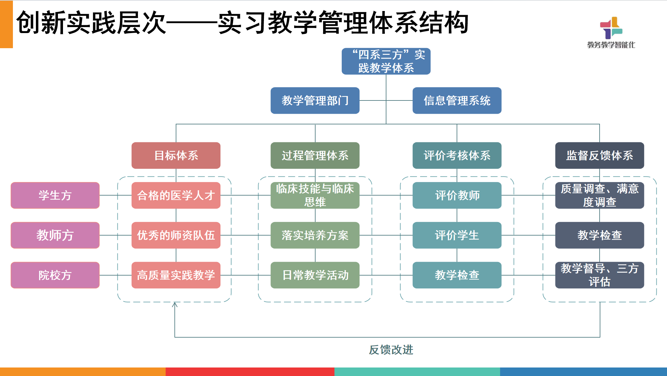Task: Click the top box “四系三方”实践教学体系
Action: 386,61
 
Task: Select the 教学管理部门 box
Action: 315,100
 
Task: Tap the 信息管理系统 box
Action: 457,100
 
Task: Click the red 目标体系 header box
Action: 176,155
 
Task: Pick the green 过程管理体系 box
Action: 315,155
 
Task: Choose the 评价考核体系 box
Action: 457,155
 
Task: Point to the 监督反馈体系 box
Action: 599,155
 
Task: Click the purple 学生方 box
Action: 55,195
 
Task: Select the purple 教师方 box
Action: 55,235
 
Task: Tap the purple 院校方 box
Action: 55,275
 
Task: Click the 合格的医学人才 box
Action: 176,195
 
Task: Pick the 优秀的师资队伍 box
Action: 176,235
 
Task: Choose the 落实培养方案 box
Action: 315,235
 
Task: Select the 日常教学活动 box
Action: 315,275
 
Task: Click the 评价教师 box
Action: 457,195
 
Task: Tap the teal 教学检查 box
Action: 457,275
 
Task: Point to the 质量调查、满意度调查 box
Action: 599,195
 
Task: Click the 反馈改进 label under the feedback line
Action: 391,350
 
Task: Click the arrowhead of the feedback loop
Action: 175,304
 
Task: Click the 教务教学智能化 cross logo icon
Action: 611,28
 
